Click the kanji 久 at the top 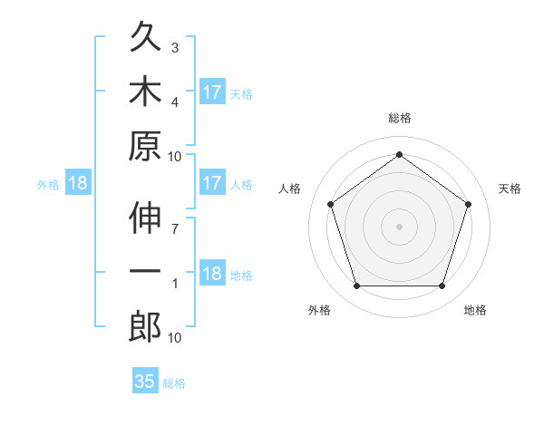145,35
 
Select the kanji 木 145,91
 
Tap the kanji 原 145,146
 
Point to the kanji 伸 145,218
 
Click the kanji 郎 145,326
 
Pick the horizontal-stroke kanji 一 145,271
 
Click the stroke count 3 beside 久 175,48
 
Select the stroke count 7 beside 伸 175,229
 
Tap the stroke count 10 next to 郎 174,338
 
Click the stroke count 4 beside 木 175,102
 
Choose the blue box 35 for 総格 145,380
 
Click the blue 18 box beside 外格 78,182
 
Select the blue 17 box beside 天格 213,92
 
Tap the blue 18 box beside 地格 213,272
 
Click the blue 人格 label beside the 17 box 241,185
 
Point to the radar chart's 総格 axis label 400,118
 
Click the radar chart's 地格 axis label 475,310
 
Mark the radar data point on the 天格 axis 468,204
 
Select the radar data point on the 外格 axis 357,286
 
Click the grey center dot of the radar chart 399,227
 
